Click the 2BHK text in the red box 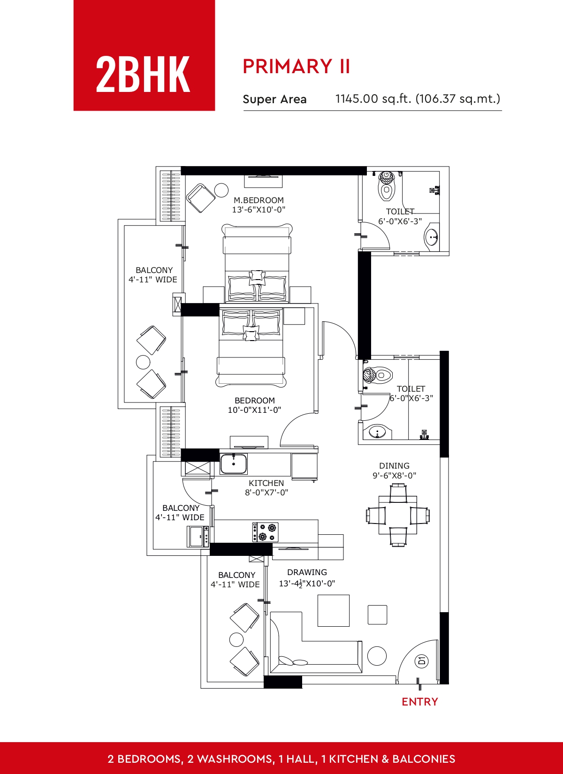point(143,75)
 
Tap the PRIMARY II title point(296,67)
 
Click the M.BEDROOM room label point(259,200)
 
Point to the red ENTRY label point(420,702)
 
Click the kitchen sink point(234,464)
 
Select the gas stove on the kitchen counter point(265,532)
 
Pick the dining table point(398,515)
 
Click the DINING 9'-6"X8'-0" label point(395,470)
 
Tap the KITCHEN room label point(266,483)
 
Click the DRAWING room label point(307,572)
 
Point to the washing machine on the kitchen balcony point(198,536)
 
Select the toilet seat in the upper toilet point(387,186)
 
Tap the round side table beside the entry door point(377,656)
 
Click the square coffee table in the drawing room point(334,611)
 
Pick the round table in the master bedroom point(221,190)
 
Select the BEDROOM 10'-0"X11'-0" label point(254,405)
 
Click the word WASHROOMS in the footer point(234,759)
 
